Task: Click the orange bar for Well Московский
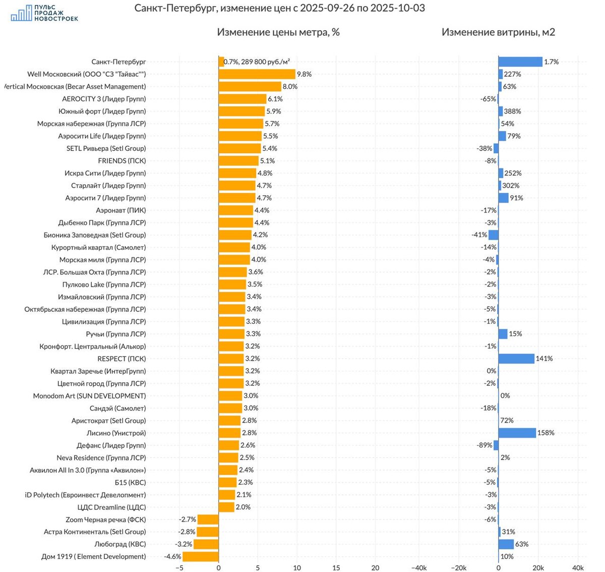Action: click(x=257, y=74)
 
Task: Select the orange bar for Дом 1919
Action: click(x=201, y=556)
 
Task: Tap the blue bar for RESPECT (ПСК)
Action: click(x=516, y=359)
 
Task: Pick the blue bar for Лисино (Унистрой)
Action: click(x=517, y=433)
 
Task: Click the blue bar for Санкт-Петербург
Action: click(x=520, y=62)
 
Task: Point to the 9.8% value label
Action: click(x=304, y=74)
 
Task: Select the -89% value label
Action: click(x=485, y=445)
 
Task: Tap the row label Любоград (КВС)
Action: click(x=120, y=544)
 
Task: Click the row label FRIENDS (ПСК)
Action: click(x=122, y=161)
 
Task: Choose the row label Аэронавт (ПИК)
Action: click(x=121, y=210)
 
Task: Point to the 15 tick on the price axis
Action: click(x=336, y=567)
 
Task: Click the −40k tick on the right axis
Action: click(x=419, y=567)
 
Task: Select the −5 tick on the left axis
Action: click(x=179, y=567)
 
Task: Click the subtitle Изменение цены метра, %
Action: click(x=278, y=32)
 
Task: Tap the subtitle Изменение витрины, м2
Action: click(x=498, y=32)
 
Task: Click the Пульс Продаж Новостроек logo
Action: click(x=44, y=14)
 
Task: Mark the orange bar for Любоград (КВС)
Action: click(x=206, y=544)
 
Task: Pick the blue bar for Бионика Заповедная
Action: click(x=494, y=235)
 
